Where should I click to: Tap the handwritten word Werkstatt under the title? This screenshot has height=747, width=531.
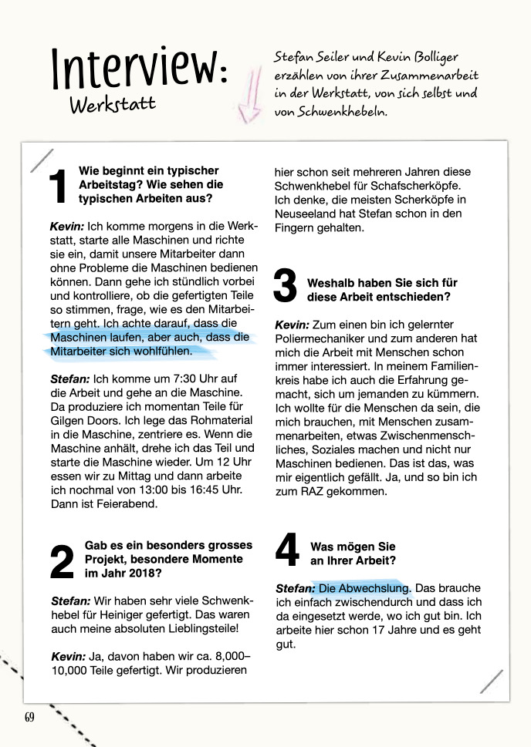[x=112, y=105]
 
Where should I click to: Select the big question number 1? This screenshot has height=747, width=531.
[x=59, y=188]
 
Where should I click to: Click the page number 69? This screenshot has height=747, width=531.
[x=29, y=717]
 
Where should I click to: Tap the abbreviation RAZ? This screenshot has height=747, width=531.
[x=318, y=491]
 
